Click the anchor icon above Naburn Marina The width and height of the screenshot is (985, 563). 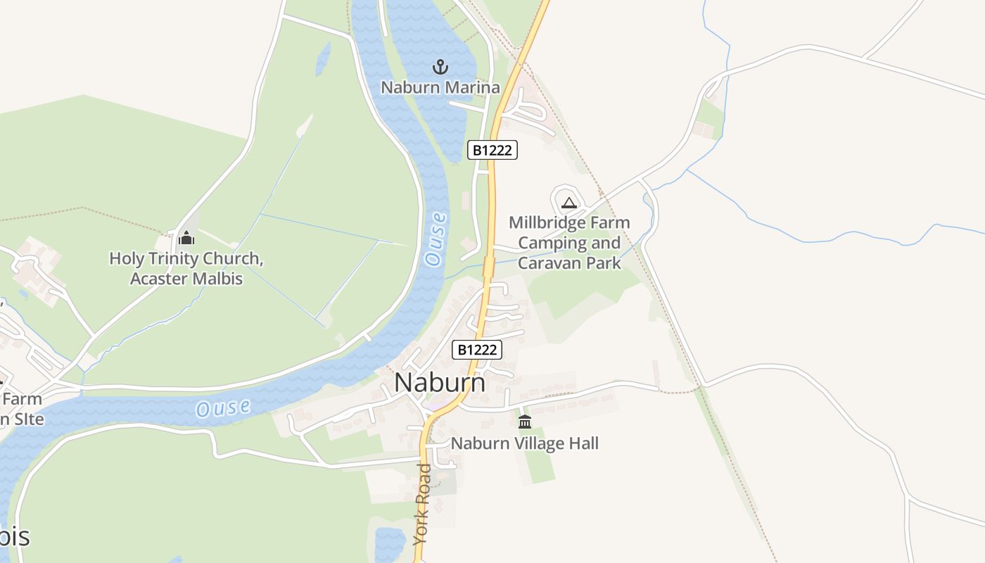tap(440, 67)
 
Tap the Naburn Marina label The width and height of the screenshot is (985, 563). tap(440, 88)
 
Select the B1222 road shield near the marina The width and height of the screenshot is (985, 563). tap(493, 150)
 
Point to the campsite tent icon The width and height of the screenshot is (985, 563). tap(569, 203)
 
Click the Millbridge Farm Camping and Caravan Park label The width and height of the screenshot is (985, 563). tap(569, 243)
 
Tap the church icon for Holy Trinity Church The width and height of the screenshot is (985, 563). tap(186, 238)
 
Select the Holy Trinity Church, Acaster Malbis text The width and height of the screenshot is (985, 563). tap(186, 268)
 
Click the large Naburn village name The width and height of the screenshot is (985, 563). tap(440, 383)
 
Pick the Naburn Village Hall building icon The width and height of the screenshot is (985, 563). tap(525, 422)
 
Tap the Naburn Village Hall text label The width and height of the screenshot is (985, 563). tap(525, 443)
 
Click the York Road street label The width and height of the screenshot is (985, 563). tap(422, 503)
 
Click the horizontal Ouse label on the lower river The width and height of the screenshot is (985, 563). tap(223, 407)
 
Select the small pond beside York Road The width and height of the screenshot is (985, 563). tap(388, 543)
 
